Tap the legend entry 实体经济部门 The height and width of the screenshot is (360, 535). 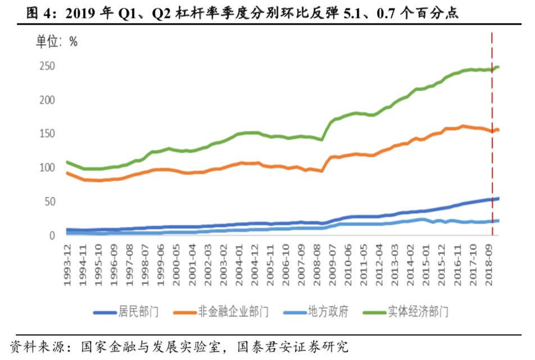418,311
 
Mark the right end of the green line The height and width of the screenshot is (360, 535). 498,67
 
